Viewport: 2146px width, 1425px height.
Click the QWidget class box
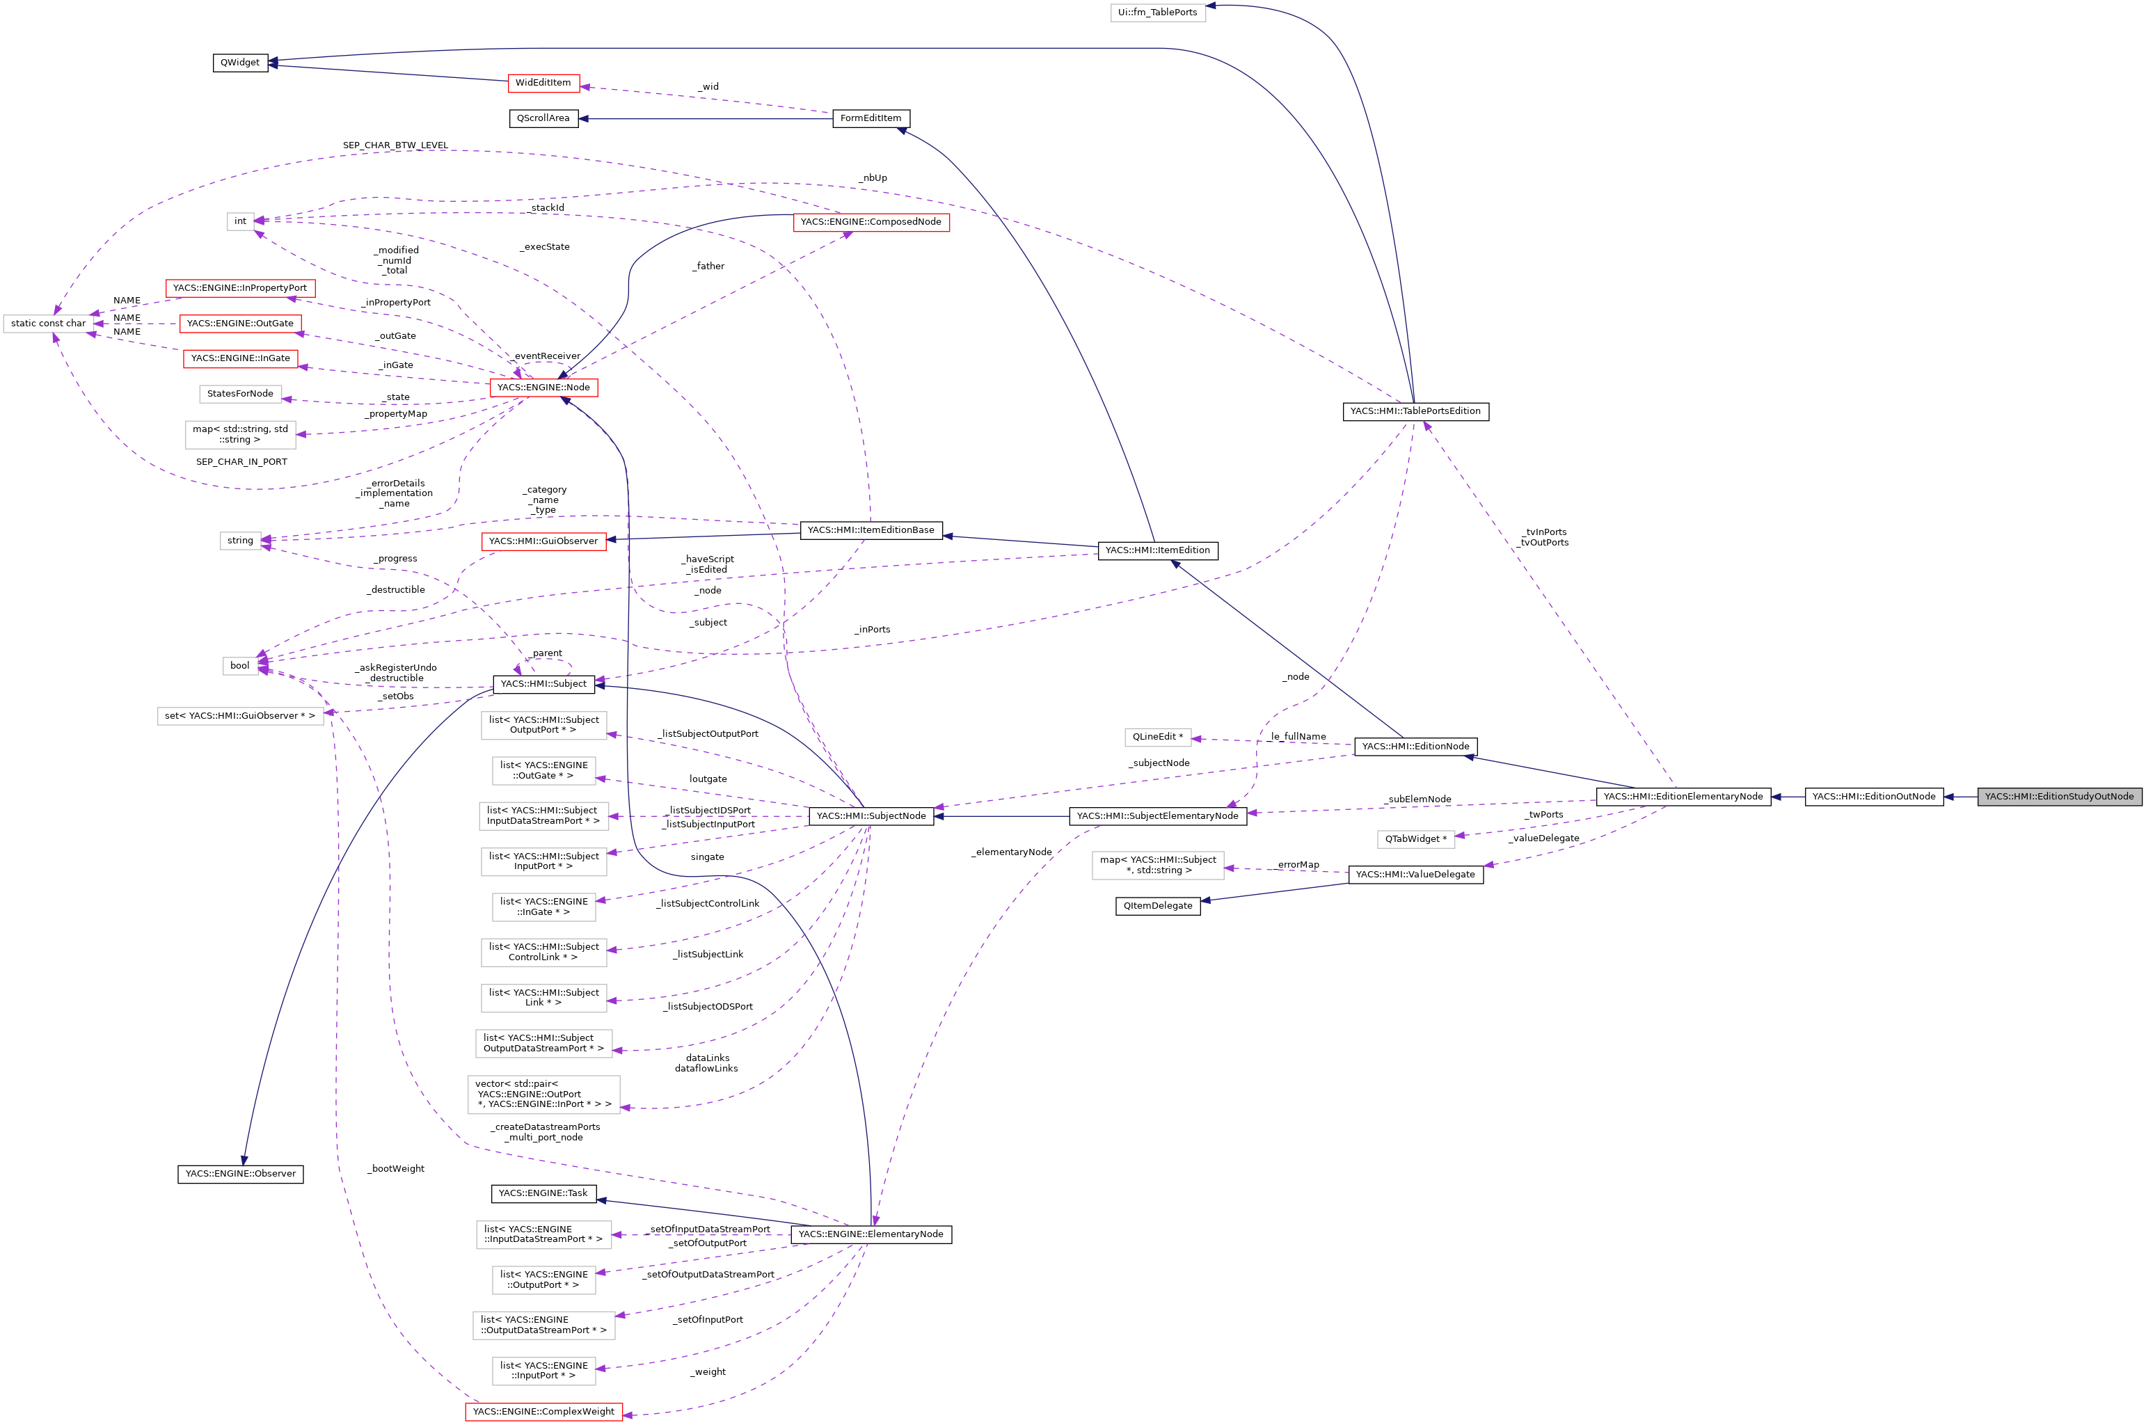pyautogui.click(x=240, y=63)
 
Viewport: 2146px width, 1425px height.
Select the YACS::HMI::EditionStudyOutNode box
pyautogui.click(x=2059, y=797)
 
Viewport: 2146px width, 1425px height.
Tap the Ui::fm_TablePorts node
pyautogui.click(x=1157, y=13)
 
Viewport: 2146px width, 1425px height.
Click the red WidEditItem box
pyautogui.click(x=543, y=83)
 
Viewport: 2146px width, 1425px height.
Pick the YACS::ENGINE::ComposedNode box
pyautogui.click(x=870, y=222)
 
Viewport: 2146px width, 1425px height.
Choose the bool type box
pyautogui.click(x=239, y=666)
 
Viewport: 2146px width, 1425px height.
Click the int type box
pyautogui.click(x=240, y=221)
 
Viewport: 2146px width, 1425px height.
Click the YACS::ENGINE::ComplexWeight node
pyautogui.click(x=543, y=1411)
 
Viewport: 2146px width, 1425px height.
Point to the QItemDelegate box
pyautogui.click(x=1157, y=906)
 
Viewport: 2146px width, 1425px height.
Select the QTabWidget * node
pyautogui.click(x=1415, y=839)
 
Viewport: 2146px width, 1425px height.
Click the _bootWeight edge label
pyautogui.click(x=397, y=1169)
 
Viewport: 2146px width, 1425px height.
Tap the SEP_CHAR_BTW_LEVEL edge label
pyautogui.click(x=395, y=145)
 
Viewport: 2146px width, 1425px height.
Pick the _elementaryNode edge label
pyautogui.click(x=1011, y=852)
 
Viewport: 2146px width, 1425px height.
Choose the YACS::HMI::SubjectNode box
pyautogui.click(x=870, y=816)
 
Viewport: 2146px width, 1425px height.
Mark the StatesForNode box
pyautogui.click(x=240, y=394)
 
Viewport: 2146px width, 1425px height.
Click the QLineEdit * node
pyautogui.click(x=1157, y=737)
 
